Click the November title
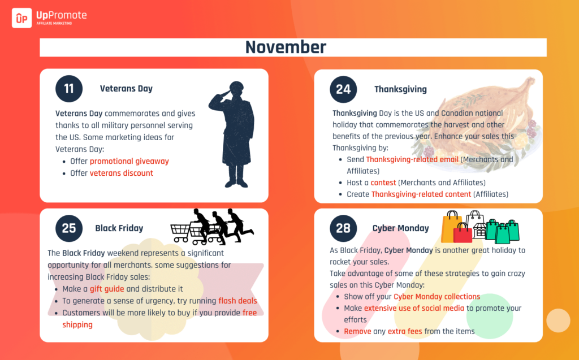click(286, 47)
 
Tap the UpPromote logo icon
click(22, 18)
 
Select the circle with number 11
click(69, 89)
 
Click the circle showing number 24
click(343, 89)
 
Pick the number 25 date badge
click(69, 228)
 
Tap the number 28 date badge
click(343, 228)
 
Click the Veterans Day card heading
click(126, 89)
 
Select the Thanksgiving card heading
click(401, 89)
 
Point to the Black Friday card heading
click(119, 228)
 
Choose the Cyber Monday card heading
click(401, 228)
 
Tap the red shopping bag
click(463, 233)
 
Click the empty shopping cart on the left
click(180, 233)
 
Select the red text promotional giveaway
click(129, 162)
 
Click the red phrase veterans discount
click(121, 173)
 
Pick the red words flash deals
click(237, 301)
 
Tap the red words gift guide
click(107, 289)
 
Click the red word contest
click(383, 183)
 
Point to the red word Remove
click(357, 332)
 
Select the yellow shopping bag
click(451, 227)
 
